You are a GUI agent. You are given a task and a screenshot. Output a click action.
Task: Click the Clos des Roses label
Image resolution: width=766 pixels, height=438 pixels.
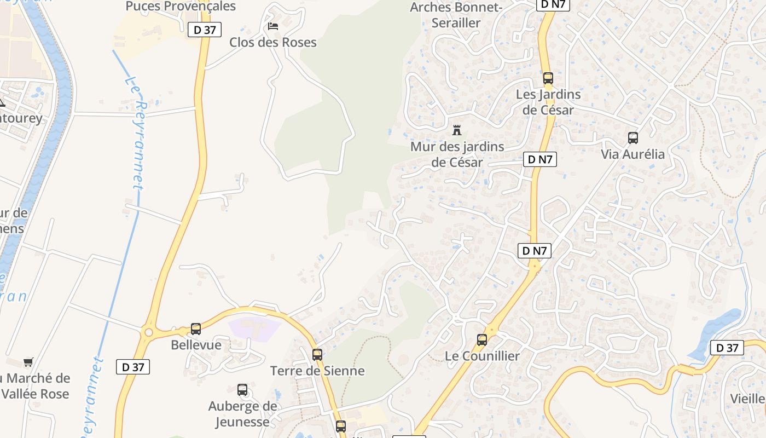click(x=272, y=42)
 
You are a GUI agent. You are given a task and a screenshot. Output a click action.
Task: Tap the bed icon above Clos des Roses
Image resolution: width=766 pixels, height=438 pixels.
click(x=272, y=26)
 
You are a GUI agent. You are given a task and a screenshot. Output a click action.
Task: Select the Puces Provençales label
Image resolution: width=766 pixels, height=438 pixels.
click(x=181, y=7)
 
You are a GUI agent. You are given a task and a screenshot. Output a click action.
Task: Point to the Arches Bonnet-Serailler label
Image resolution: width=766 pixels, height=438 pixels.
click(x=456, y=15)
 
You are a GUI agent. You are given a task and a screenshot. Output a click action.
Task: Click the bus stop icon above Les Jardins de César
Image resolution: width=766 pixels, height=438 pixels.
click(x=548, y=78)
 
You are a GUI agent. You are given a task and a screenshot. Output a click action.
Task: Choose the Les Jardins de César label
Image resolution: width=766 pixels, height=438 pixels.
click(x=548, y=102)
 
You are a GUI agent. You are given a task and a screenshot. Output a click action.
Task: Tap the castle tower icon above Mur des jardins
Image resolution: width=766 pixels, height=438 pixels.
click(x=457, y=130)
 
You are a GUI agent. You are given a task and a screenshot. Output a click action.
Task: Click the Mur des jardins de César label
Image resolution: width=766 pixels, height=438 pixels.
click(x=457, y=154)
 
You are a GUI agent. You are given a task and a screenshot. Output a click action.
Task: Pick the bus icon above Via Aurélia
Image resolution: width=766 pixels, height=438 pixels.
click(x=633, y=138)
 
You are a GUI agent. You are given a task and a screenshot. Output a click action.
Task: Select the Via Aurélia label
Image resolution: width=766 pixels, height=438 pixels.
click(x=633, y=154)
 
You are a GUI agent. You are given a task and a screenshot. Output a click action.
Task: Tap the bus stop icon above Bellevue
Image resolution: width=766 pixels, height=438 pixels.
click(x=196, y=329)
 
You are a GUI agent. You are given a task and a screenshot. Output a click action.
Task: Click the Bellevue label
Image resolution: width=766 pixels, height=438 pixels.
click(x=196, y=345)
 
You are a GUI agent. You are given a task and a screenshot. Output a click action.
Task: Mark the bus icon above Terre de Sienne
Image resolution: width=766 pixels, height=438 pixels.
click(x=317, y=354)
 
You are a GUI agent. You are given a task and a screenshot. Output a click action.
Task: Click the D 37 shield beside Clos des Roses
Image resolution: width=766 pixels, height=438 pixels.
click(x=205, y=30)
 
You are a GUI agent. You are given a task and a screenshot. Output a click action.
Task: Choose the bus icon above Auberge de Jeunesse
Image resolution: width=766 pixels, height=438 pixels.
click(x=242, y=390)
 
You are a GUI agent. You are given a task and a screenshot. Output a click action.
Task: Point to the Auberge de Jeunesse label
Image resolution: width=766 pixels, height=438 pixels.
click(x=242, y=414)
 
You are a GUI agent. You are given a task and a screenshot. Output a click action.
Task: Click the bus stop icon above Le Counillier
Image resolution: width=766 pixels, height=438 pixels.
click(x=482, y=340)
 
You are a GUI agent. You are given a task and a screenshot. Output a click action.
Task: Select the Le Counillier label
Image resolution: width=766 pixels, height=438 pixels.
click(x=482, y=356)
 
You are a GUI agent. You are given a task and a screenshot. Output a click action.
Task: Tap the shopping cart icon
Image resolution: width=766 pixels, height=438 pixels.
click(x=28, y=362)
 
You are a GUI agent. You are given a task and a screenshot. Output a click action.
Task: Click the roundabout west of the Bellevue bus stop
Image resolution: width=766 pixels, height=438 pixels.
click(x=148, y=332)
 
